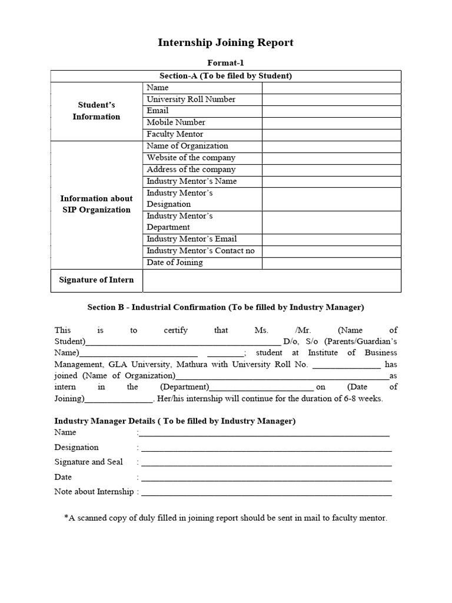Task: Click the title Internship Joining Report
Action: click(225, 42)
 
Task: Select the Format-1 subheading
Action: click(225, 62)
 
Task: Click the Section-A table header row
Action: click(225, 76)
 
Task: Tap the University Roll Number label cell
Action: click(191, 99)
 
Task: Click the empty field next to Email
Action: click(331, 111)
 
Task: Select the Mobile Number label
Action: click(176, 122)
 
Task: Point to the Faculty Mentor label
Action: click(175, 134)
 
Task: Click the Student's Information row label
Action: click(97, 111)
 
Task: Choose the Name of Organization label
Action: click(187, 146)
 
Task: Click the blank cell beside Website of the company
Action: click(331, 158)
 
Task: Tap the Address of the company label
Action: click(191, 170)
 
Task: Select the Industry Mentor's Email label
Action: click(192, 239)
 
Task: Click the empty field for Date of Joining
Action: click(331, 263)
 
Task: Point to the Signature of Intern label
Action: click(97, 280)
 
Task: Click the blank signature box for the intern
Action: click(272, 280)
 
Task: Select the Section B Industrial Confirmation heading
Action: click(225, 307)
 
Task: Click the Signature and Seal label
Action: click(89, 462)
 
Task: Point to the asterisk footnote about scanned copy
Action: click(225, 518)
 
